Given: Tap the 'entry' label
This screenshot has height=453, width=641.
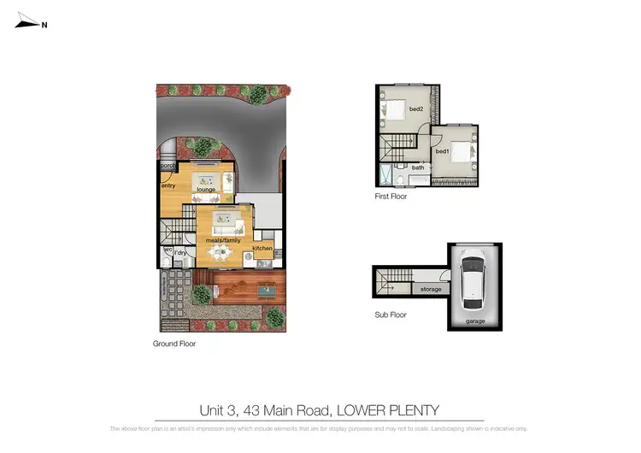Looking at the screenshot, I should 168,184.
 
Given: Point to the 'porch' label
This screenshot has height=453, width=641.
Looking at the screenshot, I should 167,166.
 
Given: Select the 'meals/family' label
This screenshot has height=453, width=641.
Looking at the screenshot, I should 224,241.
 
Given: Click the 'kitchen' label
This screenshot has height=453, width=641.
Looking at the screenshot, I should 262,248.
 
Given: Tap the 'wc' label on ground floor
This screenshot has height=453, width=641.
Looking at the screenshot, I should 168,250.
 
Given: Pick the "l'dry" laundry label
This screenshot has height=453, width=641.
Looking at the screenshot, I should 180,253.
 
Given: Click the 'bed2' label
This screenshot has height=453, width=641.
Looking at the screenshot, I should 416,109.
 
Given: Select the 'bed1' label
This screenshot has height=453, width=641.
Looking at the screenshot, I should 442,151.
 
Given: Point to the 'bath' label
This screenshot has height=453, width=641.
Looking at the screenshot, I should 418,168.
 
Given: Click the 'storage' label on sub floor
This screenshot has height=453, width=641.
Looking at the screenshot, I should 431,290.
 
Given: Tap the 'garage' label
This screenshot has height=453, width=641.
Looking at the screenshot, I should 474,321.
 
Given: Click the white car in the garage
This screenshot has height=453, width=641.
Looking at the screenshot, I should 473,279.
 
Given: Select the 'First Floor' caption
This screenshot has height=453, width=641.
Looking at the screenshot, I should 391,197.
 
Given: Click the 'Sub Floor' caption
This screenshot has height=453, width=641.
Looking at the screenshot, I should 391,315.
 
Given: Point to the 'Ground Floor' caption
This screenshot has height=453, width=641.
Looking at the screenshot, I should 174,344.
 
